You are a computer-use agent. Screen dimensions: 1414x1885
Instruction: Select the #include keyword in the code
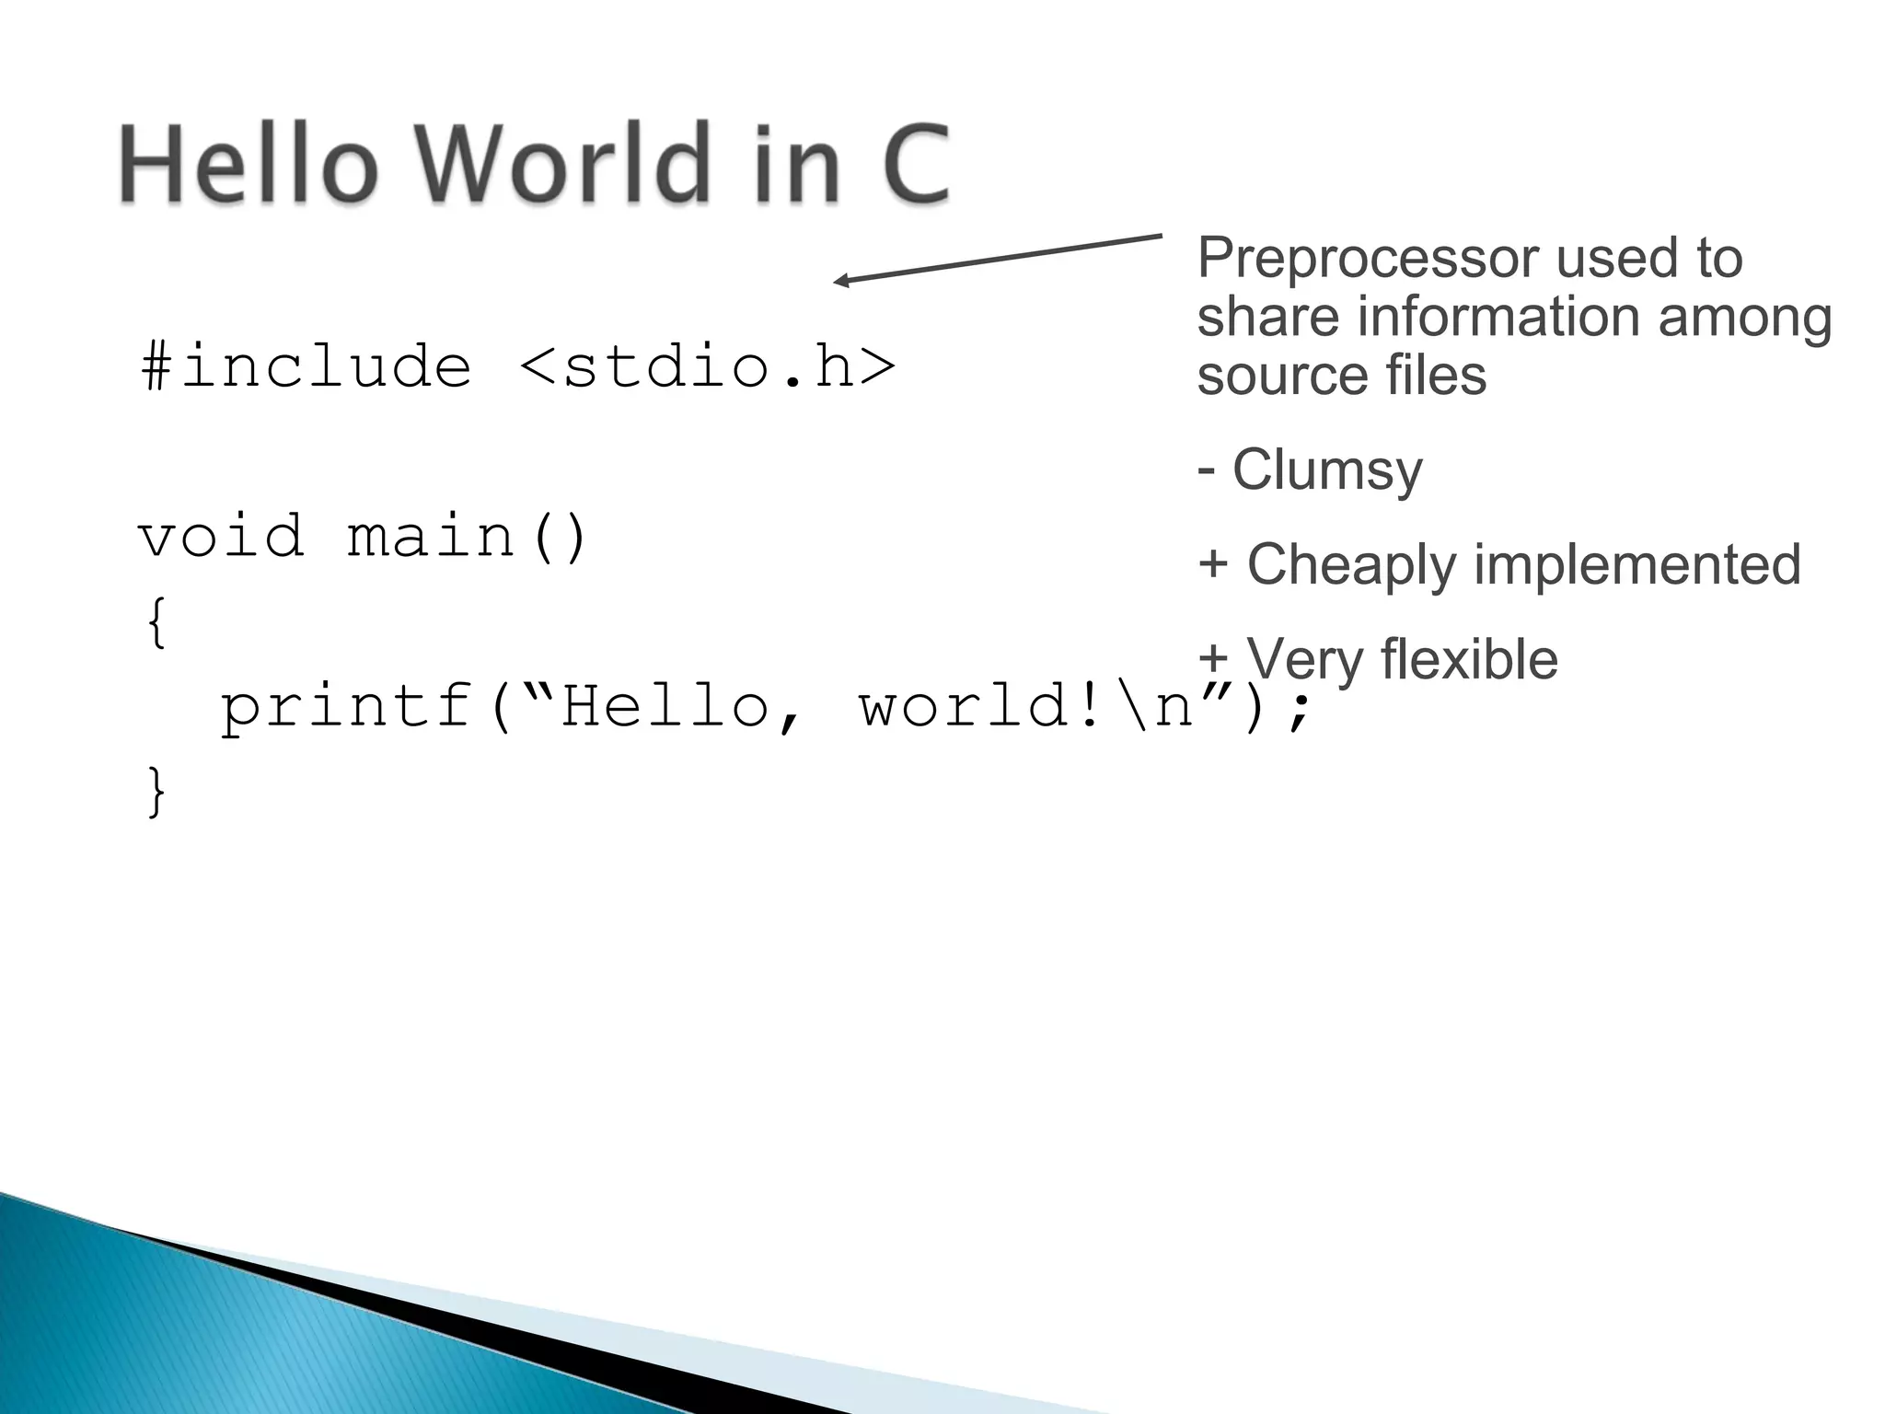[x=306, y=367]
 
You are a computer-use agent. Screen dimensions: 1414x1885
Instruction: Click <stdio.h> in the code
[x=707, y=367]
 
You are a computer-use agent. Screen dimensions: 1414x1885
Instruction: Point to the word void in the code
[x=221, y=537]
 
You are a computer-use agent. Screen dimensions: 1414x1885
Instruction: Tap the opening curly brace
[x=157, y=622]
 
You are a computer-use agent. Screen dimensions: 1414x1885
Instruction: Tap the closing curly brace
[x=157, y=792]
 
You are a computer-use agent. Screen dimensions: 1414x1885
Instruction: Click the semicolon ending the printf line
[x=1299, y=711]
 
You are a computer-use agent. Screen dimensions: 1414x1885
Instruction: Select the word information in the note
[x=1500, y=317]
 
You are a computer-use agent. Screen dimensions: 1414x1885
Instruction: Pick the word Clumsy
[x=1326, y=469]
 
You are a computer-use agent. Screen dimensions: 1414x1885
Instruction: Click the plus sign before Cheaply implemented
[x=1213, y=564]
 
